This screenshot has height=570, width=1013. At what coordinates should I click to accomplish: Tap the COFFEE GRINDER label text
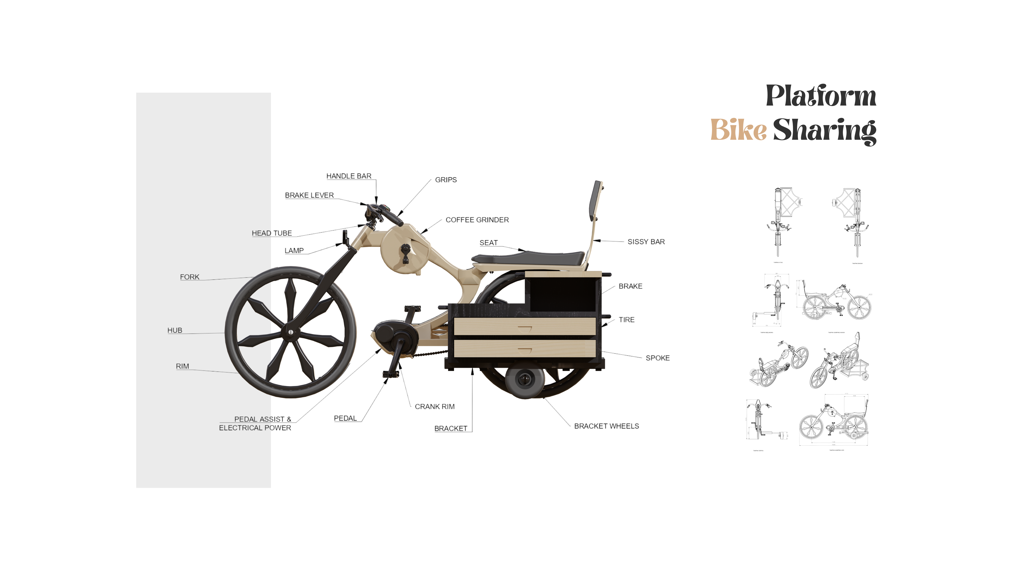[477, 220]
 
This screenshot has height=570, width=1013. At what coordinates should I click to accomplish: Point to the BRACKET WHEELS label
[606, 426]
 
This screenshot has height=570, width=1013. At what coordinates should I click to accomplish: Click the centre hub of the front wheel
[291, 332]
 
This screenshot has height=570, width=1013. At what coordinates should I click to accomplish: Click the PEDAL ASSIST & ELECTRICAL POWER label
[255, 423]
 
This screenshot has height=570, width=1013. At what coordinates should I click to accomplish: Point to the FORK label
[190, 277]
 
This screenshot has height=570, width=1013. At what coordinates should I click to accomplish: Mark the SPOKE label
[658, 358]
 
